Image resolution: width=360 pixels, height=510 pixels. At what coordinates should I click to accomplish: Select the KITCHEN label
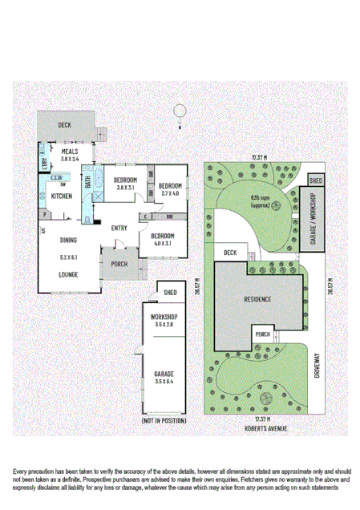point(63,196)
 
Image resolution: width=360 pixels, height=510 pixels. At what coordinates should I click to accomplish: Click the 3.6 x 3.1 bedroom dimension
point(125,187)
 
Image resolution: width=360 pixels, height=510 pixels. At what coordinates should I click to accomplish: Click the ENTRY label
point(119,228)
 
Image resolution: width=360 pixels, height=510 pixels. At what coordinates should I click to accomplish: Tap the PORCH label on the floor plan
point(119,264)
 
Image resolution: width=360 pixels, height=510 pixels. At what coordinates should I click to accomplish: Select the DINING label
point(67,240)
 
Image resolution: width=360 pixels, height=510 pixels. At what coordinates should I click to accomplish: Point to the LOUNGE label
point(68,273)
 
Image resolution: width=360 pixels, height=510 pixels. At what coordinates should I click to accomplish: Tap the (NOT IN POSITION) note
point(164,421)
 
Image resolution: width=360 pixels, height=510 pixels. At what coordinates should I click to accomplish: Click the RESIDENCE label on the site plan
point(257,299)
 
